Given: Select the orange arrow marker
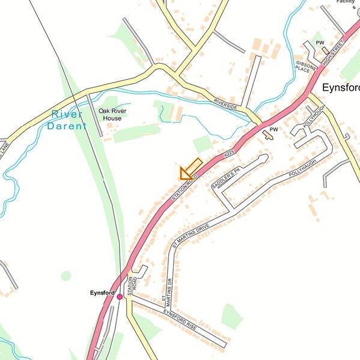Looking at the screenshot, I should click(190, 169).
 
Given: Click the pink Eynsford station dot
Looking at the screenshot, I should click(120, 297).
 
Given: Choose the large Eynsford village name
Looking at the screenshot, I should click(340, 88).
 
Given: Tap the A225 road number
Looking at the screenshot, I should click(228, 155).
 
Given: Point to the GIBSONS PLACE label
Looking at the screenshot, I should click(303, 66).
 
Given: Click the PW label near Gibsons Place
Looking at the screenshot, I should click(320, 43).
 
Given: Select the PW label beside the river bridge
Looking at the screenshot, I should click(273, 129).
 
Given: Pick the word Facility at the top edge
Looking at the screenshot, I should click(346, 2).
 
